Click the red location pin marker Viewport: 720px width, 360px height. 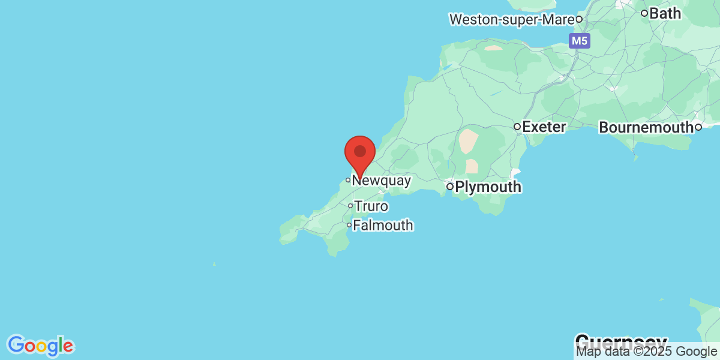(x=360, y=154)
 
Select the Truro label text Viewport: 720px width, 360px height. (x=371, y=206)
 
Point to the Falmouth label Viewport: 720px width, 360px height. (x=383, y=226)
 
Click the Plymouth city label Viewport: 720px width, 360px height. (x=488, y=187)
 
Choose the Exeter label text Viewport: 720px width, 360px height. (x=544, y=127)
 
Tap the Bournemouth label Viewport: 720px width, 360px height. (x=646, y=128)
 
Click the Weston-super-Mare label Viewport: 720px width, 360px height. (x=511, y=20)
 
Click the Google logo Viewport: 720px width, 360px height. (x=40, y=346)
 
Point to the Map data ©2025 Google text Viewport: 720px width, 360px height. (x=647, y=352)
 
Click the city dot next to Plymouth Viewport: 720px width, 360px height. (x=450, y=187)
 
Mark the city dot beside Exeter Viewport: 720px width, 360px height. (x=517, y=127)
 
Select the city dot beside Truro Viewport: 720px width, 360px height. (x=350, y=206)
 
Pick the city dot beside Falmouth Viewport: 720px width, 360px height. (x=349, y=225)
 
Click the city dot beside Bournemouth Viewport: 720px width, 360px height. (x=698, y=127)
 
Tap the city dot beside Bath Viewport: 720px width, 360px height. (x=644, y=13)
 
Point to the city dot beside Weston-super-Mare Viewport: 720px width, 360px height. (x=579, y=19)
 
